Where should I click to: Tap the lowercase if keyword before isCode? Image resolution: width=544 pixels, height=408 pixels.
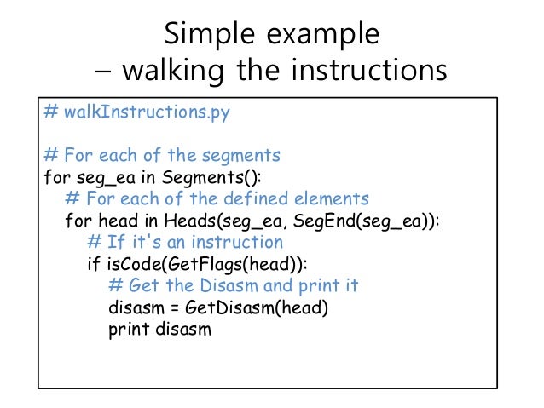tap(93, 264)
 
